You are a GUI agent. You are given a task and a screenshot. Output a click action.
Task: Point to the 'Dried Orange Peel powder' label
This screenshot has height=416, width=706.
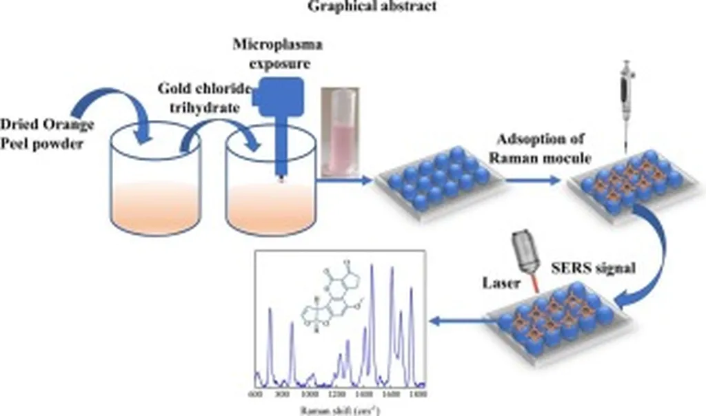46,132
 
